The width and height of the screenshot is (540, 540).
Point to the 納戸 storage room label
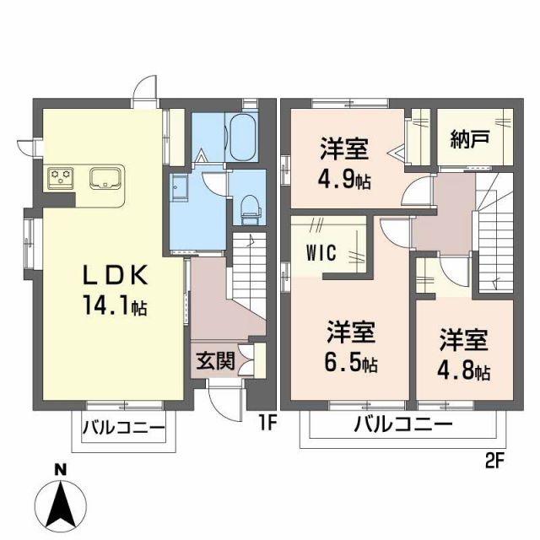pyautogui.click(x=469, y=137)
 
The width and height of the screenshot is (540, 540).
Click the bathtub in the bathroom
pyautogui.click(x=243, y=137)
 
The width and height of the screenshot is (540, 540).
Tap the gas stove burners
pyautogui.click(x=62, y=178)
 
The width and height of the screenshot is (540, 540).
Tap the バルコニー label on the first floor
pyautogui.click(x=123, y=428)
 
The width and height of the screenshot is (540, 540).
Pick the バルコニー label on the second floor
pyautogui.click(x=403, y=424)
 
